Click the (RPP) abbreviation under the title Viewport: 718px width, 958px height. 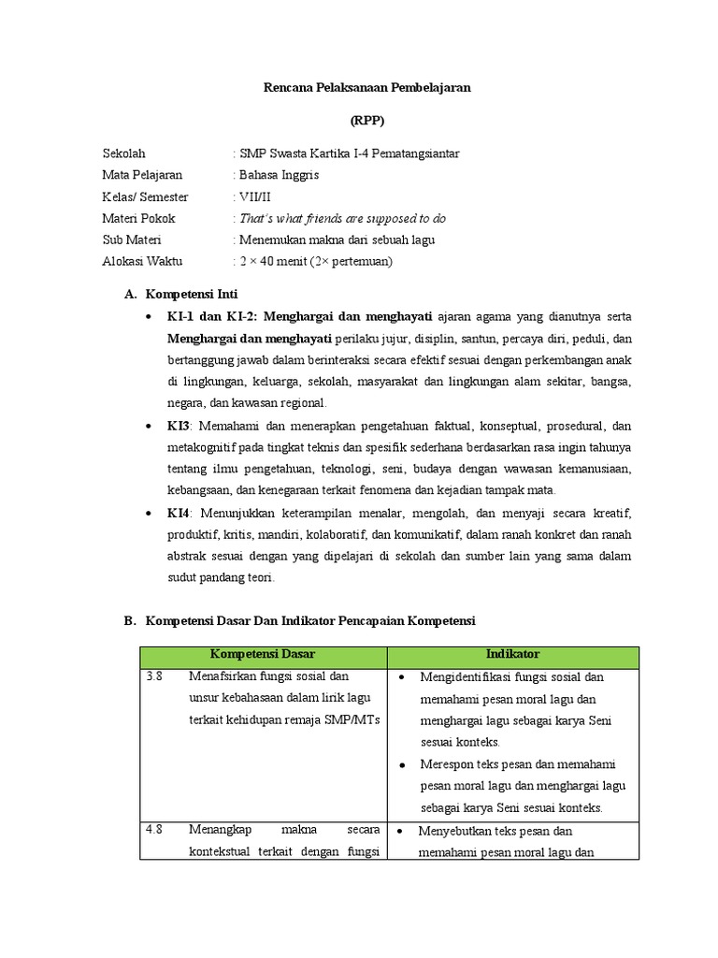point(366,121)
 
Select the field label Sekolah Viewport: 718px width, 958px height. point(124,153)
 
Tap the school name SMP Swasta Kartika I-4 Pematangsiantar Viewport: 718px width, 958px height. point(349,153)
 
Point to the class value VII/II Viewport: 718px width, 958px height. point(255,196)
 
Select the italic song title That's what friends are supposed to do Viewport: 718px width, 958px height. point(342,218)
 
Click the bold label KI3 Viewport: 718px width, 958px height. point(179,425)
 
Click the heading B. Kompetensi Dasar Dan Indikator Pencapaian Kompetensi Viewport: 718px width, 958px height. point(299,621)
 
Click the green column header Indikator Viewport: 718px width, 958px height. point(512,654)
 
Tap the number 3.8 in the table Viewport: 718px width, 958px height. point(155,676)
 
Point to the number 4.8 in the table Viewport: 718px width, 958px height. point(155,830)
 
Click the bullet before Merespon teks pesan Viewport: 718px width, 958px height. point(401,764)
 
